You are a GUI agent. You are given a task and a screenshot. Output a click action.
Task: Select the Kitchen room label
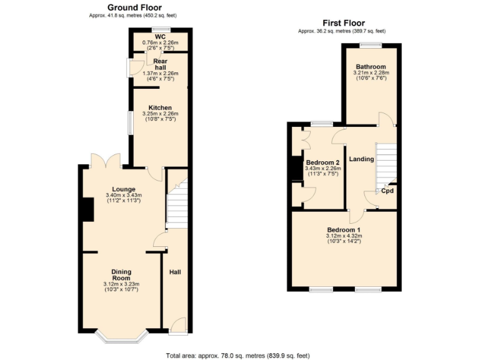pyautogui.click(x=160, y=107)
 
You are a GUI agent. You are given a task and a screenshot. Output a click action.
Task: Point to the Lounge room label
pyautogui.click(x=124, y=189)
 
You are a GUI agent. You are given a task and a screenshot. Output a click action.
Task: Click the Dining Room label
pyautogui.click(x=121, y=274)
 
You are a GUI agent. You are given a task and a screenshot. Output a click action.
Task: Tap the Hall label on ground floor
pyautogui.click(x=175, y=272)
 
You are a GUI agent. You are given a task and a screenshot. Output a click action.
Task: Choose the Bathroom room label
pyautogui.click(x=371, y=66)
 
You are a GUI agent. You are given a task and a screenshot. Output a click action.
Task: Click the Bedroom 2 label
pyautogui.click(x=322, y=161)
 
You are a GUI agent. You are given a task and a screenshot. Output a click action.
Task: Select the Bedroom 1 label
pyautogui.click(x=344, y=229)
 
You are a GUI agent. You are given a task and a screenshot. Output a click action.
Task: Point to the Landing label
pyautogui.click(x=361, y=159)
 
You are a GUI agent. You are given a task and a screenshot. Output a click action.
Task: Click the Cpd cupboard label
pyautogui.click(x=387, y=191)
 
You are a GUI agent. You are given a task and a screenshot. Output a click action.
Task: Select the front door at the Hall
pyautogui.click(x=177, y=325)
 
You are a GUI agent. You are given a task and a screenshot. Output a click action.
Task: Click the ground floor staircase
pyautogui.click(x=177, y=203)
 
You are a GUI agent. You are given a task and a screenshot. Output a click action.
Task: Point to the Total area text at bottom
pyautogui.click(x=237, y=355)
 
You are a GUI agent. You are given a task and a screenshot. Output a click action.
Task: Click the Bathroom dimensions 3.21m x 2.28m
pyautogui.click(x=371, y=72)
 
